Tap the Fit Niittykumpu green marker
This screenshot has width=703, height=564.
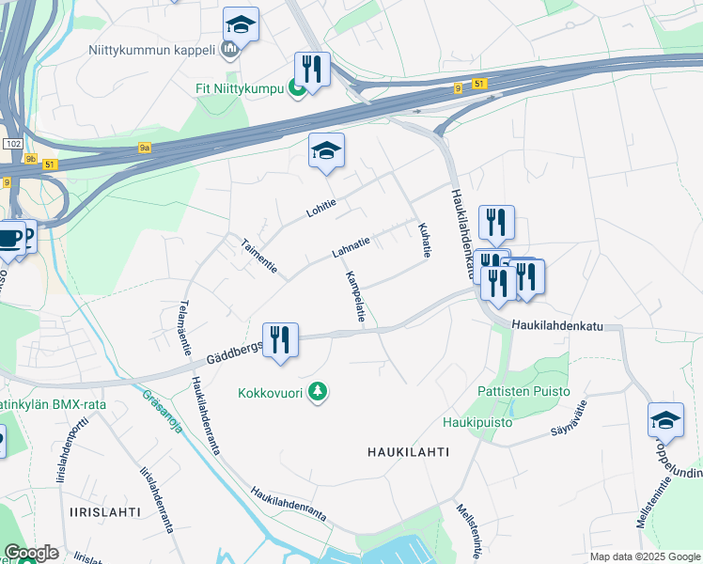tap(297, 89)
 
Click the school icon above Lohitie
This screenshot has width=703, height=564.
tap(326, 151)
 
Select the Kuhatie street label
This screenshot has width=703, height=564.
tap(424, 240)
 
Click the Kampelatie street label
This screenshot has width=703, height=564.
tap(355, 297)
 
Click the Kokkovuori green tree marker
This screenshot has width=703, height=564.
tap(319, 392)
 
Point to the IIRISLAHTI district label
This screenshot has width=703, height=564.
tap(105, 511)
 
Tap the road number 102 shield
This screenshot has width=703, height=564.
tap(12, 144)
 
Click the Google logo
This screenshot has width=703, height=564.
tap(31, 553)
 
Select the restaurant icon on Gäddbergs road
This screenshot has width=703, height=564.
tap(280, 340)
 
